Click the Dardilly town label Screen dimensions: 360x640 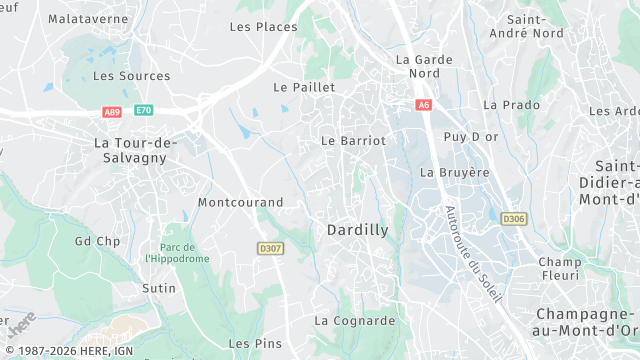[x=357, y=229]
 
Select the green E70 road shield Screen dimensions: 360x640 [x=144, y=110]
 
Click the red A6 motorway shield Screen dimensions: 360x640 [x=424, y=104]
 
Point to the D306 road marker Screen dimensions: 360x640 [x=513, y=218]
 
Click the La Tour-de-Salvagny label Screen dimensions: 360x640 [x=134, y=150]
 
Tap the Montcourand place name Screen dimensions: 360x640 [x=240, y=201]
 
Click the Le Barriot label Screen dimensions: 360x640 [x=353, y=141]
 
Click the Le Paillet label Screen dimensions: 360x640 [x=304, y=87]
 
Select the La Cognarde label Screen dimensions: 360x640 [x=354, y=320]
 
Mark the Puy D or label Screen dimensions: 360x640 [x=470, y=136]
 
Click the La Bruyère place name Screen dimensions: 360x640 [x=455, y=172]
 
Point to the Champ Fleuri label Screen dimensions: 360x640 [x=559, y=268]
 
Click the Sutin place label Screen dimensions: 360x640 [x=158, y=288]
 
